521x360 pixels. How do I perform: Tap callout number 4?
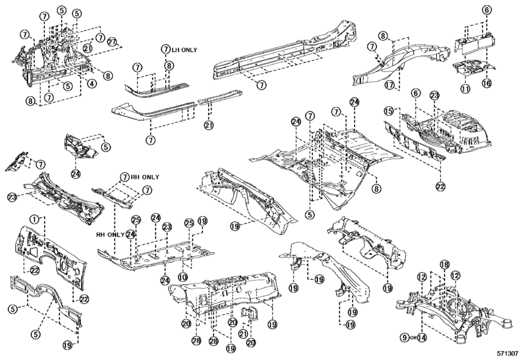tap(93, 83)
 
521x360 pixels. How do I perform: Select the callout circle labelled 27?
tap(113, 42)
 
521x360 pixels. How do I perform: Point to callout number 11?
tap(465, 88)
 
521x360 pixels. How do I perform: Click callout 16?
tap(487, 83)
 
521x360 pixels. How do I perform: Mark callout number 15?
tap(387, 111)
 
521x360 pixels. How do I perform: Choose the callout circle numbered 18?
tap(444, 265)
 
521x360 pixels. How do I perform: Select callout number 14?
tap(422, 337)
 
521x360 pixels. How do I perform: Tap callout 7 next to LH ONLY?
tap(165, 49)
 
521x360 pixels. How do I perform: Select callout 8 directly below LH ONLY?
tap(168, 66)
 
